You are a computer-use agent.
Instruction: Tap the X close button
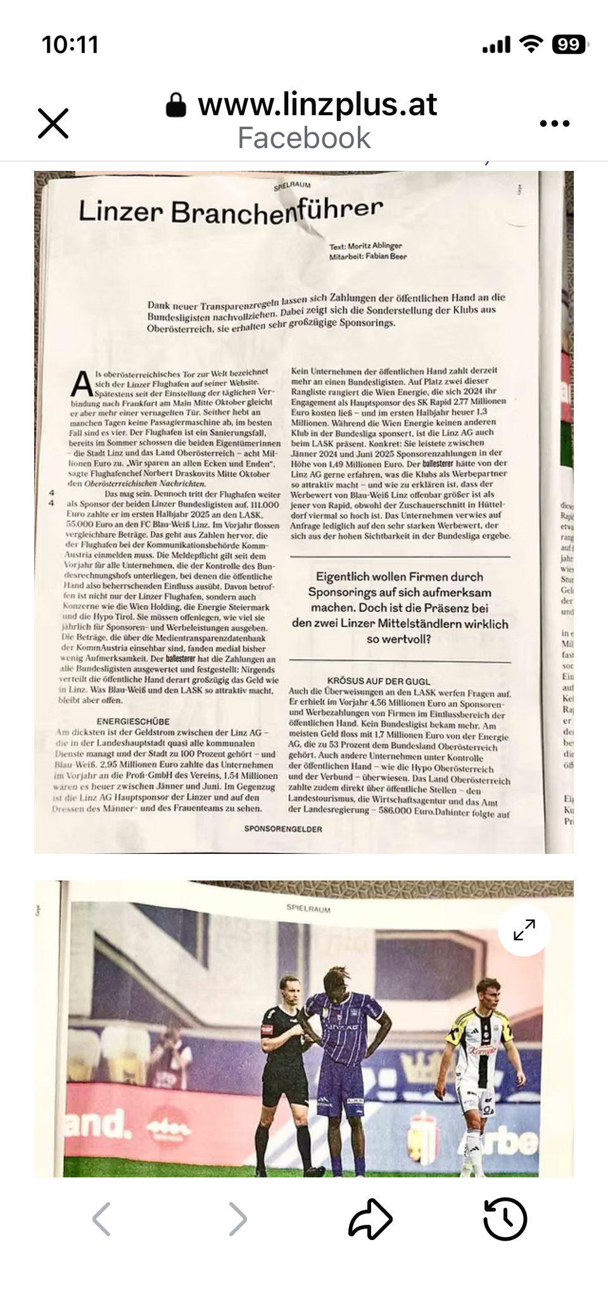(53, 123)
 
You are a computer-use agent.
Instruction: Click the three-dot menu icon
(555, 123)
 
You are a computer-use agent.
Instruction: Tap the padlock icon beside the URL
(176, 106)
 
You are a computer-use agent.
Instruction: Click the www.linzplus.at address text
(317, 104)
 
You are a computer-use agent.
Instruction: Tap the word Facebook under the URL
(304, 138)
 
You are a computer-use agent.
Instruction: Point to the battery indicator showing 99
(569, 44)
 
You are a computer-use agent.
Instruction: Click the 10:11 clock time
(70, 45)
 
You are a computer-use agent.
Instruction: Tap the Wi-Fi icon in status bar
(530, 44)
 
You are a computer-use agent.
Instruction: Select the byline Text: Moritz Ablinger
(365, 246)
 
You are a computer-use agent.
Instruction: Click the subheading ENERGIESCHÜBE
(133, 721)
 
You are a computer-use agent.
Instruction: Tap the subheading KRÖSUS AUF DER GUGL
(378, 680)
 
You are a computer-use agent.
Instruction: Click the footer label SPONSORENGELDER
(283, 829)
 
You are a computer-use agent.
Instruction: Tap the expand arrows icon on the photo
(524, 930)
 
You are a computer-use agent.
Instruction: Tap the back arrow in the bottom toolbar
(102, 1219)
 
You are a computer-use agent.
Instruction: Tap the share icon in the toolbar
(370, 1219)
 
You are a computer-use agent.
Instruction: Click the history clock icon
(505, 1219)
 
